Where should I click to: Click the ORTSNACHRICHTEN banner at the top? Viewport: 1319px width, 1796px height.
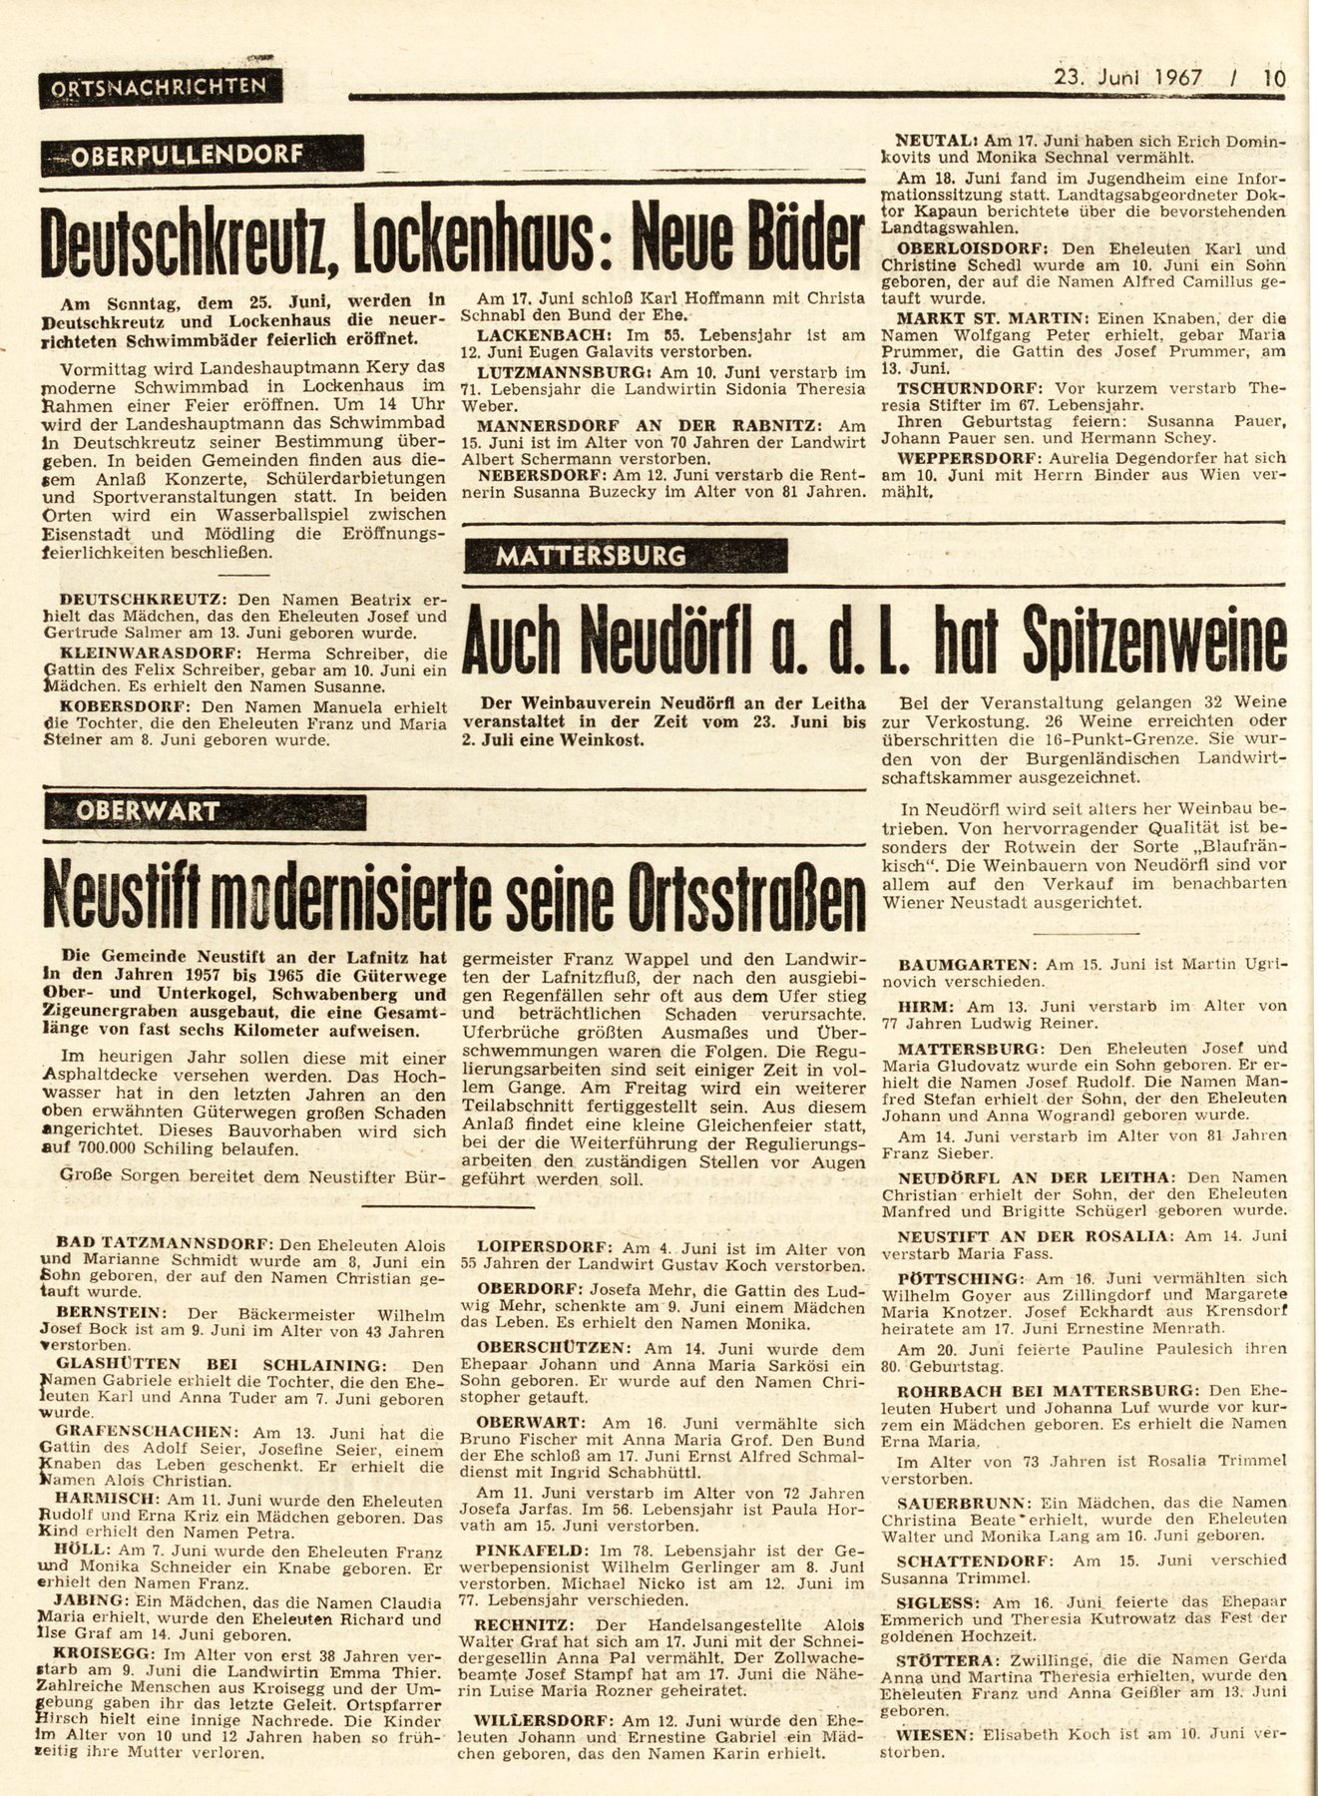161,89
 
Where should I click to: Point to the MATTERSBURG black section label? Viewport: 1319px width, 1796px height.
627,556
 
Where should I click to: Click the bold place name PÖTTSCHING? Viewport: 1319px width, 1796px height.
945,1279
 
